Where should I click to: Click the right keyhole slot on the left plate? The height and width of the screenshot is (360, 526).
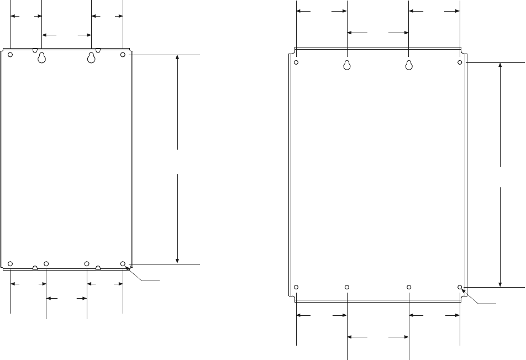(92, 58)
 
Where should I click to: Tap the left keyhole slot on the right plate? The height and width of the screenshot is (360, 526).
(347, 65)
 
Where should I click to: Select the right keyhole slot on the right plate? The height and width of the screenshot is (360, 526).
(409, 65)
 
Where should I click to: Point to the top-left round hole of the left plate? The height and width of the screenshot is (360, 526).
(10, 55)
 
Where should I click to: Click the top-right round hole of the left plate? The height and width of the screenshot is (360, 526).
(123, 55)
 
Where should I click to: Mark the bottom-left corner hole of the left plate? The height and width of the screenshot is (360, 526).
(10, 263)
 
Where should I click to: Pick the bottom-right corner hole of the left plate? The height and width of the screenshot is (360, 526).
(123, 263)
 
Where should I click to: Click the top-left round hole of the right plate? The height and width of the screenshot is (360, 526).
(297, 62)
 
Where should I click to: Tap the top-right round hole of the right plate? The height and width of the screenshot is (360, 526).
(460, 62)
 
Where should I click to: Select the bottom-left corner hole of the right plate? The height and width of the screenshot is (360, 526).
(297, 287)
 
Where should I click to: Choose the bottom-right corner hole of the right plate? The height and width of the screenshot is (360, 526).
(460, 287)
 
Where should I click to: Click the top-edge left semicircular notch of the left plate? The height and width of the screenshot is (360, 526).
(35, 50)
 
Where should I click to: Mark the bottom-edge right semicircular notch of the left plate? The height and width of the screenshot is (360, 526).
(98, 268)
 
